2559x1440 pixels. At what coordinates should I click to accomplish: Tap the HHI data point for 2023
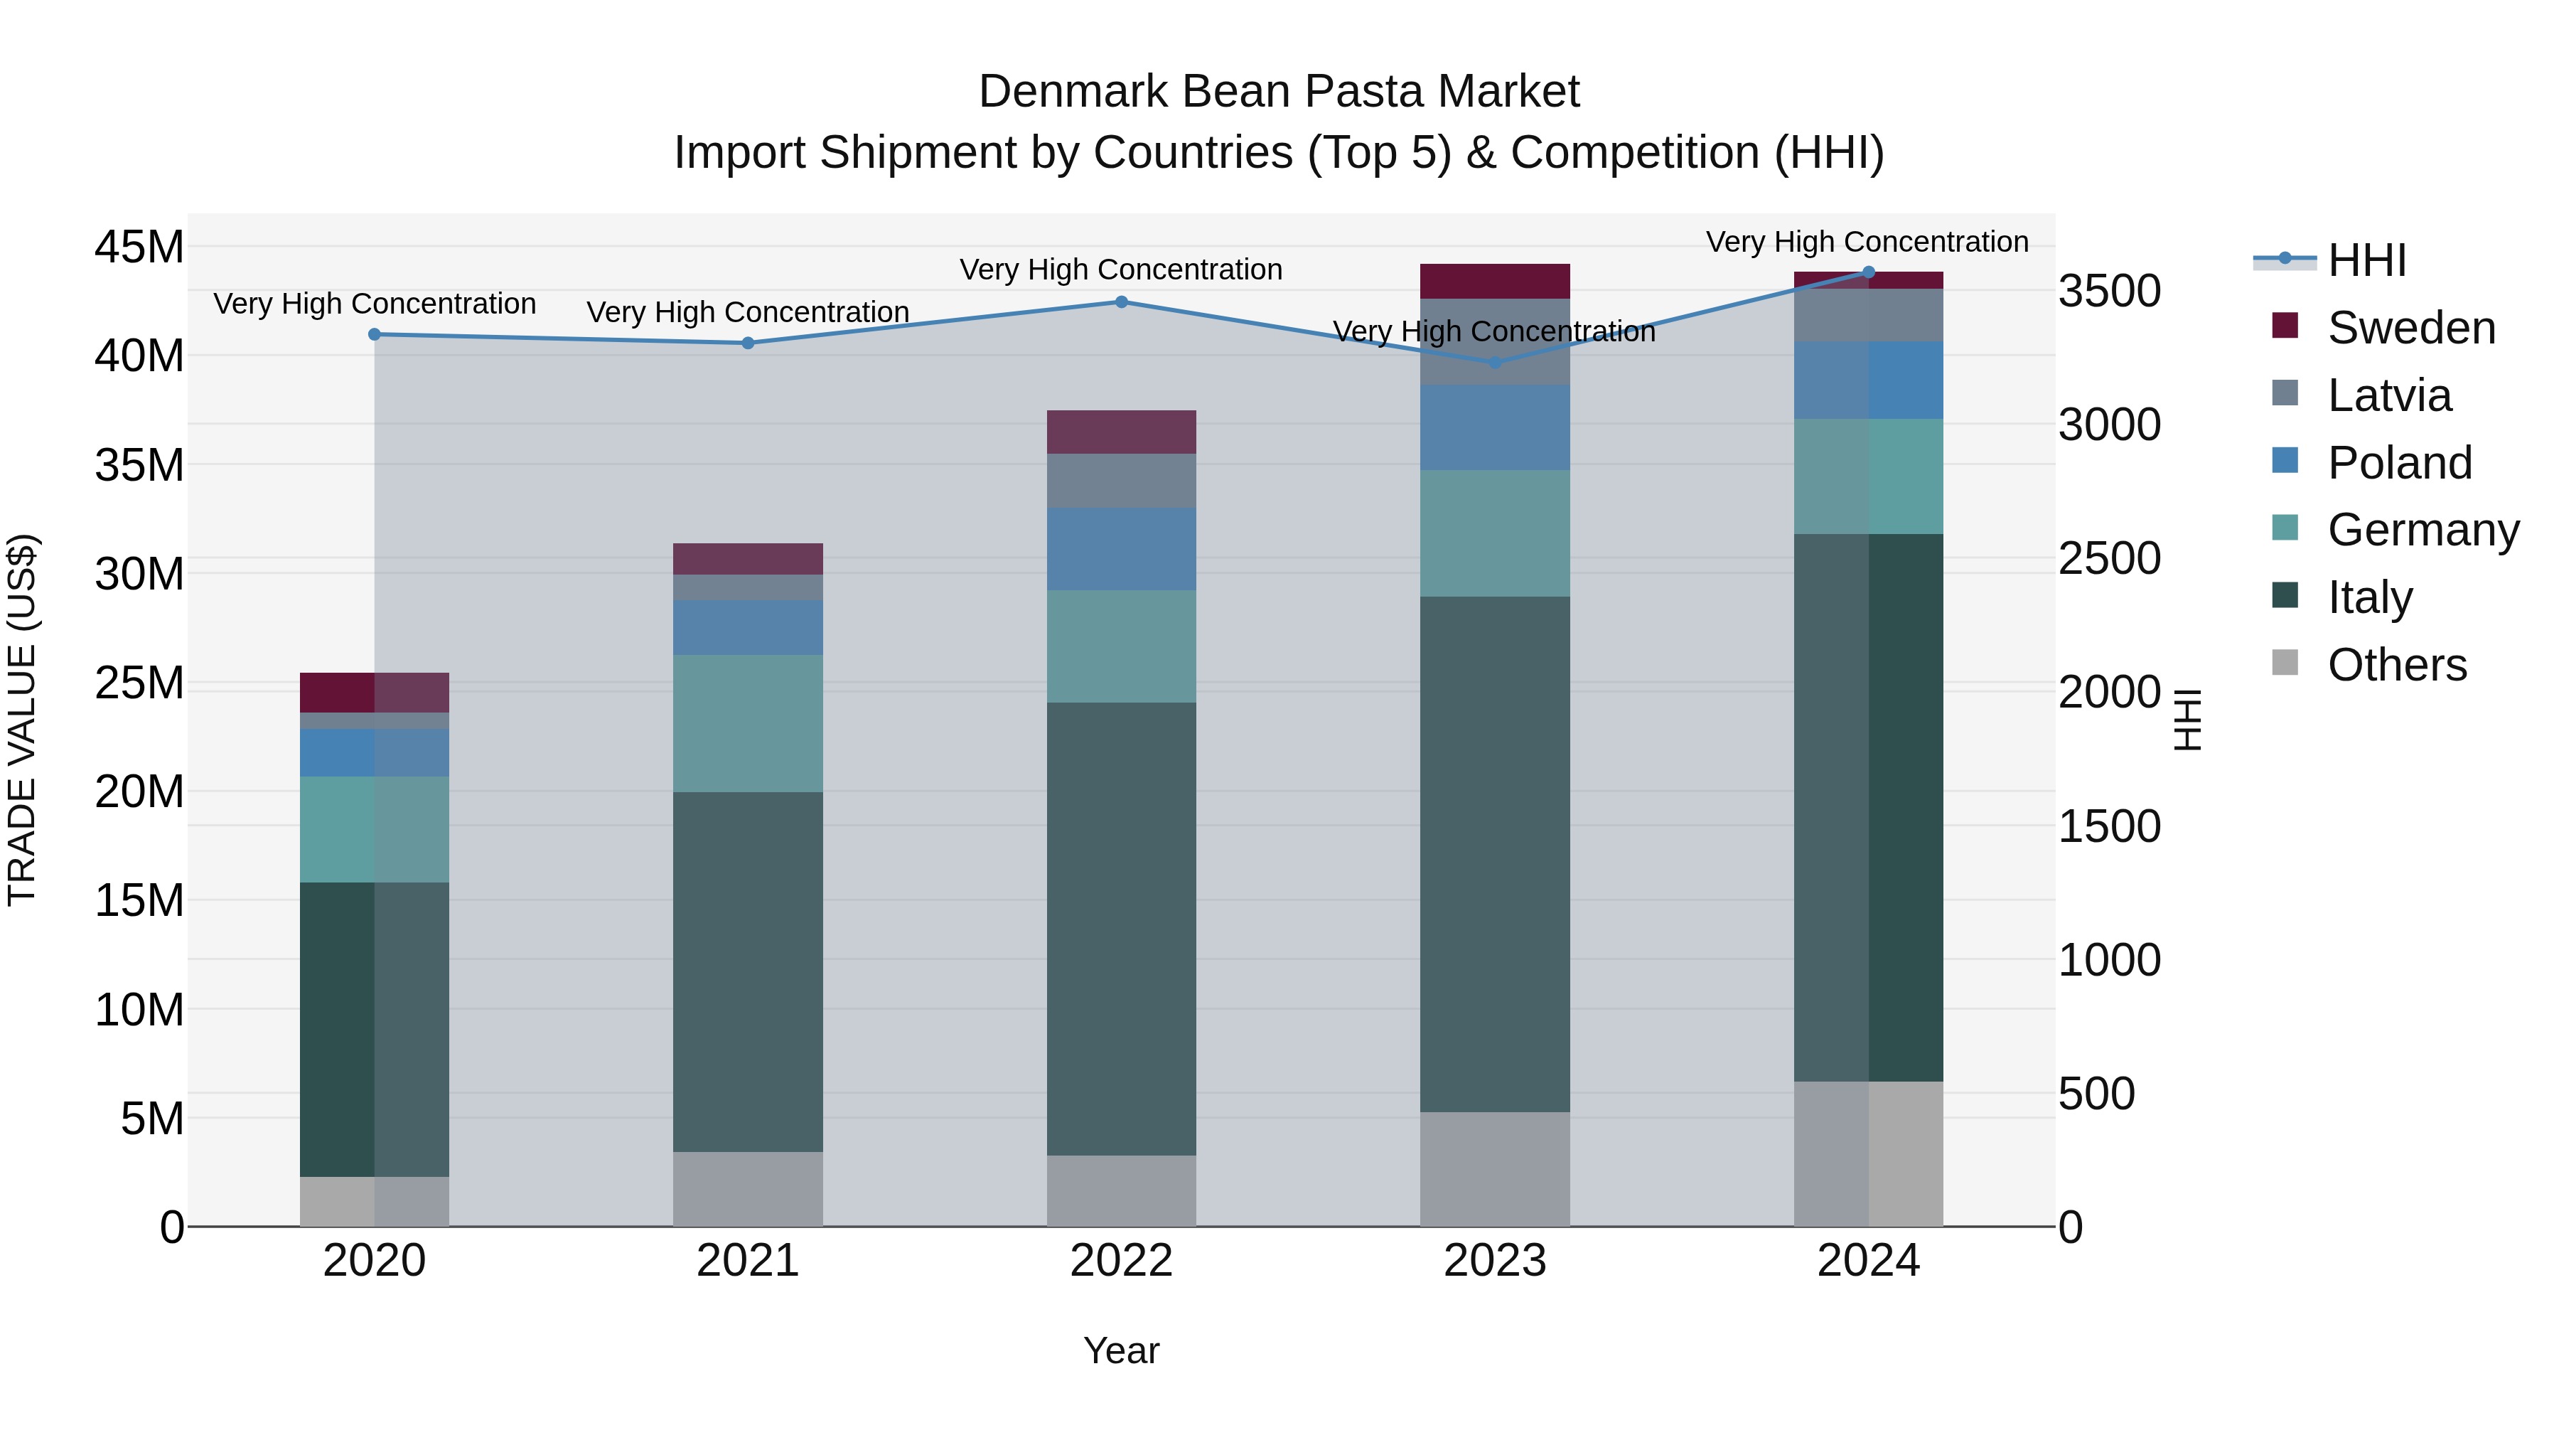(1494, 363)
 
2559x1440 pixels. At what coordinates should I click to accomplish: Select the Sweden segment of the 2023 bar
(1494, 281)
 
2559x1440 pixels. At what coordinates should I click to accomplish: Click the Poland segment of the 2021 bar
(747, 627)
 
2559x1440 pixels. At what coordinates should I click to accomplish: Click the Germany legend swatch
(2285, 528)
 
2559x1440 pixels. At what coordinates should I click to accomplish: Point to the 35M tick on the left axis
(139, 465)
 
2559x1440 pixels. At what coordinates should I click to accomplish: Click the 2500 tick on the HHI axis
(2108, 558)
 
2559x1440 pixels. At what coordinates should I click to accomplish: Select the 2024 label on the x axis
(1867, 1261)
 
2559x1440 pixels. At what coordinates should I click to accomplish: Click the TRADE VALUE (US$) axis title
(22, 720)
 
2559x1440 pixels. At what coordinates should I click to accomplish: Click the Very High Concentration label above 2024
(1867, 242)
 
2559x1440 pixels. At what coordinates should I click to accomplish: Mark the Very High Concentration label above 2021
(747, 312)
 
